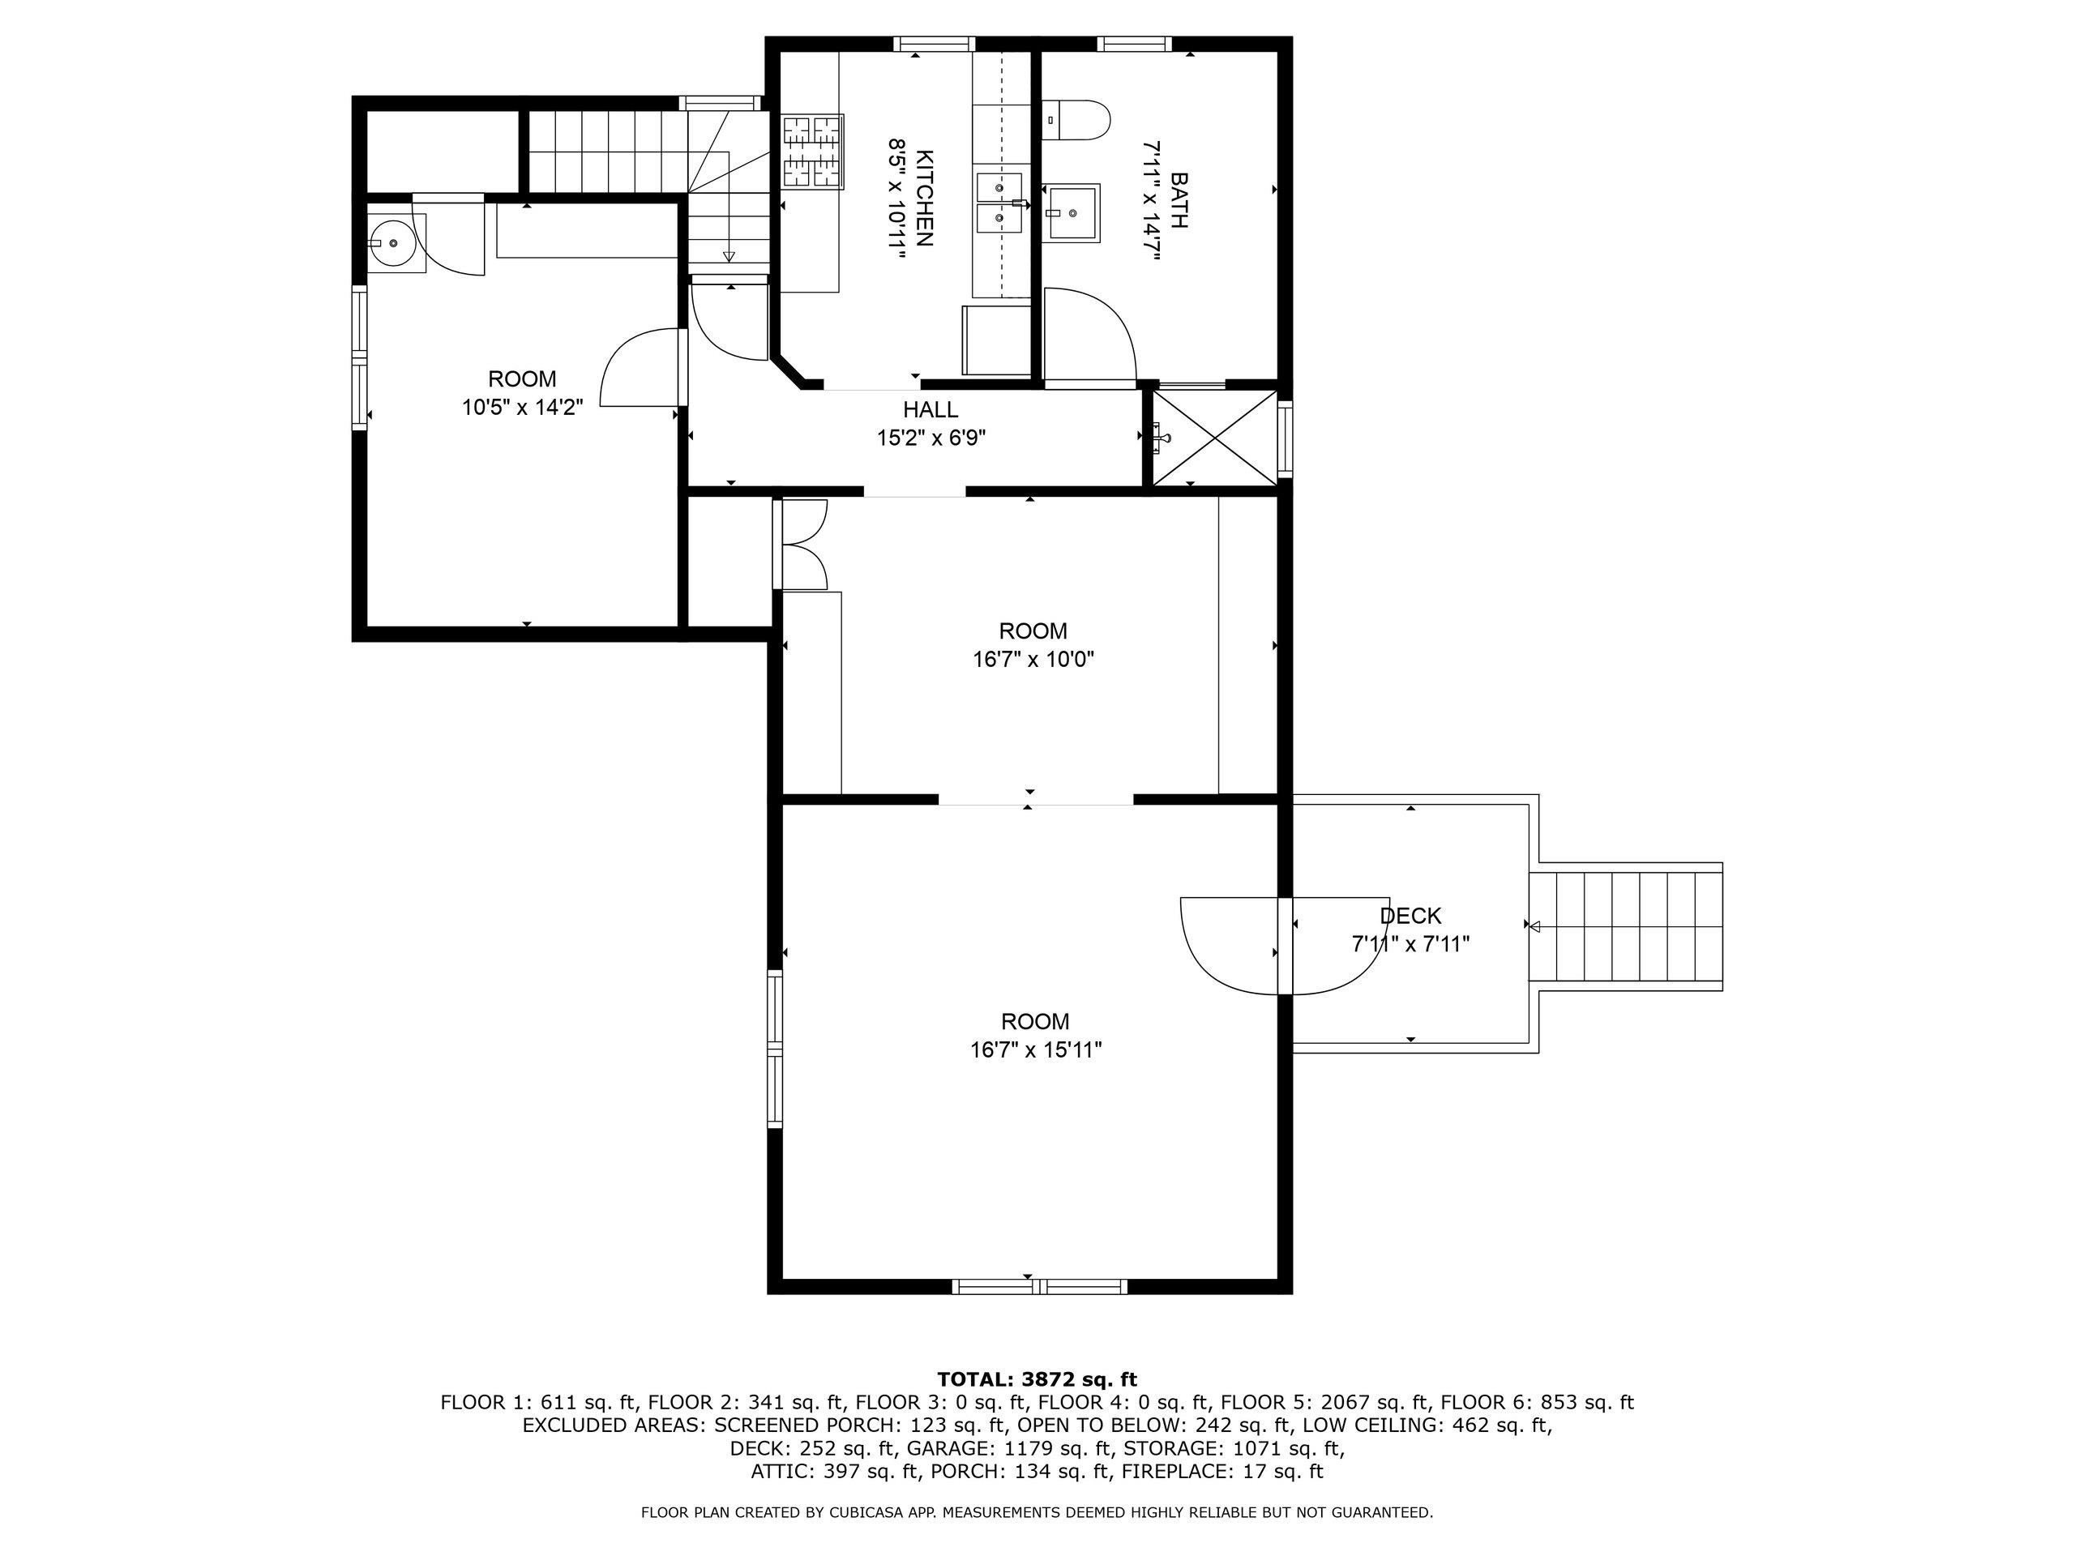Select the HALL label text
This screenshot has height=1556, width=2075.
pyautogui.click(x=931, y=410)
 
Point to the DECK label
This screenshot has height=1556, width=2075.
pyautogui.click(x=1410, y=917)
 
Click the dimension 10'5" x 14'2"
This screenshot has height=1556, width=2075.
pyautogui.click(x=523, y=408)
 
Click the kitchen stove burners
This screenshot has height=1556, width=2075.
pyautogui.click(x=812, y=150)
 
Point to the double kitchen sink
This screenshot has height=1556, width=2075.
pyautogui.click(x=1000, y=202)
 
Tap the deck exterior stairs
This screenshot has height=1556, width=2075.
pyautogui.click(x=1627, y=926)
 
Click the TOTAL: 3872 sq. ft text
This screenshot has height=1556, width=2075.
pyautogui.click(x=1037, y=1379)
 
